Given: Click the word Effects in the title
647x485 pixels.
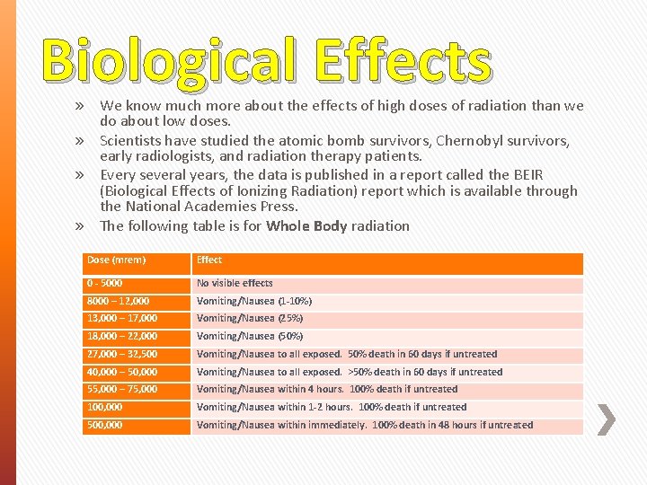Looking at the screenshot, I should tap(402, 59).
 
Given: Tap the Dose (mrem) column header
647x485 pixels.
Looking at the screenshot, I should tap(117, 260).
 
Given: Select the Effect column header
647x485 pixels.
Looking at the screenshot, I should tap(209, 260).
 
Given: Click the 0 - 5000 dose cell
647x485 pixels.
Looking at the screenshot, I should tap(105, 284).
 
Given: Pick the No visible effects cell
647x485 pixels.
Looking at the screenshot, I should tap(235, 284).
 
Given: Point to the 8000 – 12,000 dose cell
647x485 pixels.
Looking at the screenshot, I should tap(119, 302).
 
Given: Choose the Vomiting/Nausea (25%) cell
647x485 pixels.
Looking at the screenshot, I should tap(250, 319).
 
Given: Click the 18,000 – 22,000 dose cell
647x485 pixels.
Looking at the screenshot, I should tap(122, 337).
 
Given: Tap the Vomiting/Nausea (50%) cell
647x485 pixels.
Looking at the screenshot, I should tap(250, 337).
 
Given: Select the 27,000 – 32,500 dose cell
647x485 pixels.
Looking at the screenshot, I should tap(122, 355).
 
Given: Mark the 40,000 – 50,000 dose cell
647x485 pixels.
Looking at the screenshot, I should tap(122, 372).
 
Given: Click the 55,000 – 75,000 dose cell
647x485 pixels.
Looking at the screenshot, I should tap(122, 390).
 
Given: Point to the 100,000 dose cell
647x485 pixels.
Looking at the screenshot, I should tap(105, 408).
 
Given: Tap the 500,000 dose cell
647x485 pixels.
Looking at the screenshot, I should tap(105, 426).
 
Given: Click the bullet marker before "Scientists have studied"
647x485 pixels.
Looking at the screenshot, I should tap(80, 141).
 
